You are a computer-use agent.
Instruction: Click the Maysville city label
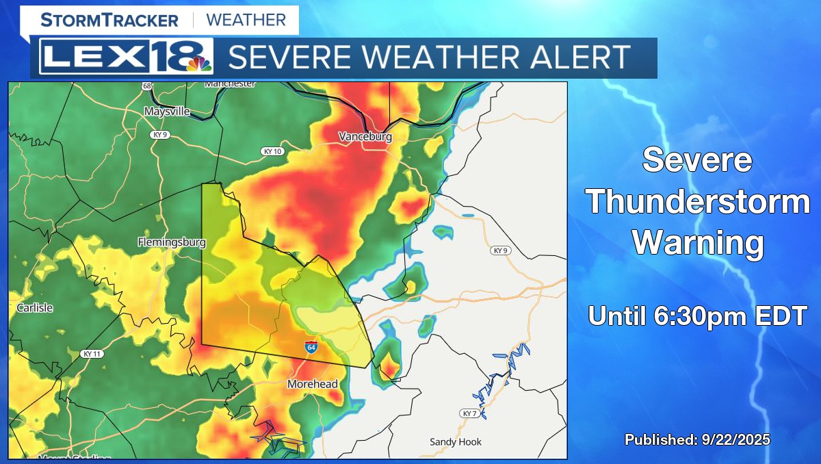pyautogui.click(x=167, y=112)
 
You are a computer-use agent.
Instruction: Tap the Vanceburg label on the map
pyautogui.click(x=365, y=137)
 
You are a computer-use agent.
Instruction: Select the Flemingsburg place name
pyautogui.click(x=172, y=242)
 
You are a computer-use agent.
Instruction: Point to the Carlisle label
pyautogui.click(x=35, y=308)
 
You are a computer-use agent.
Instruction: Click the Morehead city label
pyautogui.click(x=313, y=385)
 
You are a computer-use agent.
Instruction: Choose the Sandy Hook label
pyautogui.click(x=456, y=442)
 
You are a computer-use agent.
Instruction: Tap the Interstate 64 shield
pyautogui.click(x=311, y=347)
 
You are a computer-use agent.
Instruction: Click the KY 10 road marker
pyautogui.click(x=272, y=151)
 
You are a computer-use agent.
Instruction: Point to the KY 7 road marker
pyautogui.click(x=468, y=414)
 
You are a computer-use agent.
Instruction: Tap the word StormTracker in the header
pyautogui.click(x=109, y=20)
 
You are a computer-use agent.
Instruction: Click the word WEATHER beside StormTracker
pyautogui.click(x=246, y=20)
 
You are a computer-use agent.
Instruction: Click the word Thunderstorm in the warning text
pyautogui.click(x=697, y=203)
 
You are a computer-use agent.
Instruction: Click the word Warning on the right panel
pyautogui.click(x=697, y=242)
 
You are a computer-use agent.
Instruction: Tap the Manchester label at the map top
pyautogui.click(x=230, y=84)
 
